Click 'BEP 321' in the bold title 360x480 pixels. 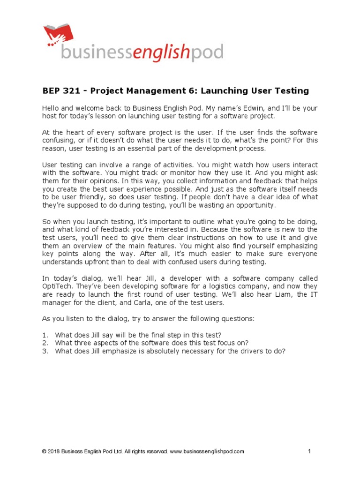(60, 90)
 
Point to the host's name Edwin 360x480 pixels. (248, 108)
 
